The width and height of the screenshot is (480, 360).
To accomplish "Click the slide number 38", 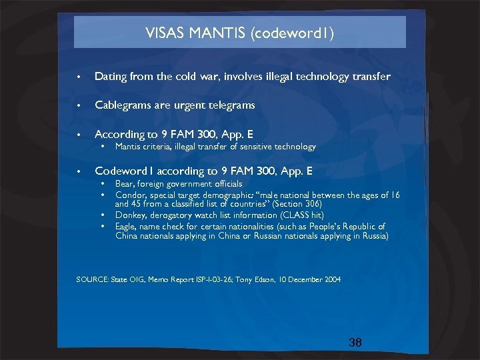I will [x=355, y=343].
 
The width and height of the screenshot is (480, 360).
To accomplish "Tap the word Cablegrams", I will [x=123, y=105].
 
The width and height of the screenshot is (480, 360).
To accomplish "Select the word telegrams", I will [x=230, y=105].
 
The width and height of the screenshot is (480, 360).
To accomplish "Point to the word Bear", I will [x=125, y=183].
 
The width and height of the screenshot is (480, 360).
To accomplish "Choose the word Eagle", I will [x=127, y=226].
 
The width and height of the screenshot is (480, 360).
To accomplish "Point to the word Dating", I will [x=111, y=77].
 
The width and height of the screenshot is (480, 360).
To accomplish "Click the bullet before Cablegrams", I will [x=79, y=106].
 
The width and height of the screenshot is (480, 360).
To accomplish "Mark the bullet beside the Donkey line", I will [x=103, y=215].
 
